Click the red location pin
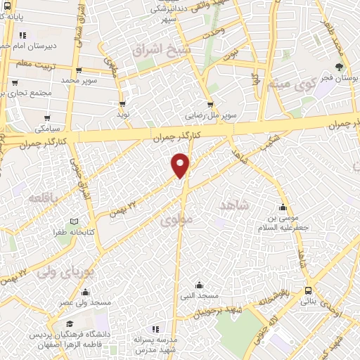pyautogui.click(x=181, y=165)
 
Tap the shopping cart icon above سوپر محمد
pyautogui.click(x=78, y=70)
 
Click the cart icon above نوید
pyautogui.click(x=122, y=104)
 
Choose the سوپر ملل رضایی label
pyautogui.click(x=210, y=115)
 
